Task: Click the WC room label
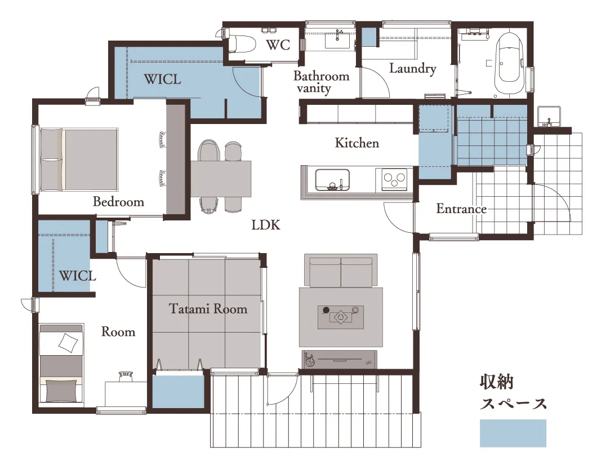278,45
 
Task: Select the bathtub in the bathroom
510,63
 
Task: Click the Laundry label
412,69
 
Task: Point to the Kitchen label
357,143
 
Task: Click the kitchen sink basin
332,180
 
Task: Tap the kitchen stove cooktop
394,179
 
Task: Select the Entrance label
461,209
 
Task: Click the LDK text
266,225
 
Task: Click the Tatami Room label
208,308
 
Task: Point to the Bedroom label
118,201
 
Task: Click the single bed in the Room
61,363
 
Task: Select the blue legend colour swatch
513,433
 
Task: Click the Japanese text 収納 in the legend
497,382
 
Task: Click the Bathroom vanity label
322,82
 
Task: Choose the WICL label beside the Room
77,276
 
